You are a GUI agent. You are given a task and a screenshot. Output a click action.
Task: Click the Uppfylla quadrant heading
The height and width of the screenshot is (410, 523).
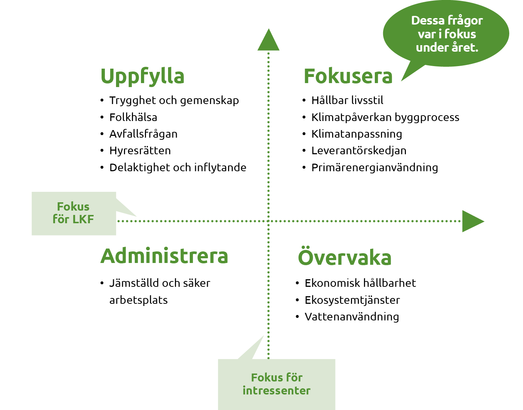(142, 77)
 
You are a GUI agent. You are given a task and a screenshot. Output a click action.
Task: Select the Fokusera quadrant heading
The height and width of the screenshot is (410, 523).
(348, 76)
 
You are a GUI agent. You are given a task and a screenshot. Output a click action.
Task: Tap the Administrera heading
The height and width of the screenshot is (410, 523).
(164, 256)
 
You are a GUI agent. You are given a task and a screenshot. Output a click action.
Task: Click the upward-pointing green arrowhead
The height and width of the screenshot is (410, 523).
(268, 40)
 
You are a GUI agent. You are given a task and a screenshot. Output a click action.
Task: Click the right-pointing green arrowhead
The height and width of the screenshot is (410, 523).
(473, 221)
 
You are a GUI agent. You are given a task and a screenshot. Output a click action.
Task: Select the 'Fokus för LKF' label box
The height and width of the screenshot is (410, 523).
(74, 213)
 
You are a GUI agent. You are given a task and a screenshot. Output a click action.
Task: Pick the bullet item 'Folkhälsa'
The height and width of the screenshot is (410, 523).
(133, 117)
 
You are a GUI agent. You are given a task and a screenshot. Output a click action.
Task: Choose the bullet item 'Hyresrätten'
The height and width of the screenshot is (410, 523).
(140, 151)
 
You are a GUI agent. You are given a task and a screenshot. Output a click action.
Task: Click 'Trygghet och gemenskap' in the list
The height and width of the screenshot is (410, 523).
(174, 100)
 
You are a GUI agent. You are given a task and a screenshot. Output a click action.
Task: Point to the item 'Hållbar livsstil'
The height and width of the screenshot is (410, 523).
(347, 100)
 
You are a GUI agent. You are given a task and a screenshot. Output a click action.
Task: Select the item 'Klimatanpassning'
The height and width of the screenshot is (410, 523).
(357, 134)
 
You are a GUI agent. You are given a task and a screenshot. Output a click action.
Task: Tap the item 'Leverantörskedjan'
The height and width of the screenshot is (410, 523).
(359, 151)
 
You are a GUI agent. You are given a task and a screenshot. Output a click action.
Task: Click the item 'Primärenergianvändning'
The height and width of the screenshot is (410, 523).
(375, 168)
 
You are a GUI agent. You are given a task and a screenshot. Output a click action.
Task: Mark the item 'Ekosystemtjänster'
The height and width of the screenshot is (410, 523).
(352, 300)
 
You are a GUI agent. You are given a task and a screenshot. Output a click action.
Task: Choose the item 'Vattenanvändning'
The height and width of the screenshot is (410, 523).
(352, 317)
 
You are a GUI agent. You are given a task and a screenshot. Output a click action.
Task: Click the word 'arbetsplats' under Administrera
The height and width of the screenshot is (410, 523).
(138, 300)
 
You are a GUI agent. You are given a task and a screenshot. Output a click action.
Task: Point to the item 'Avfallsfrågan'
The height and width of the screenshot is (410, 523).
(143, 134)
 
